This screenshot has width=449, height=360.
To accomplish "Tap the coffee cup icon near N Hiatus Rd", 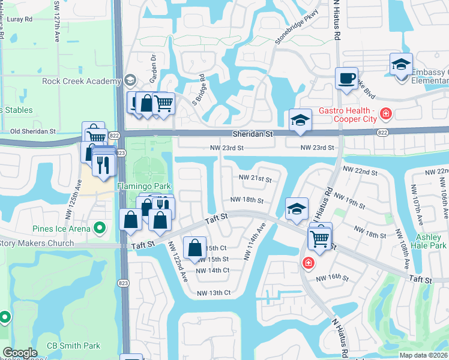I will pos(347,79).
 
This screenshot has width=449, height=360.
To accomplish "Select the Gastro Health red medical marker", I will pos(385,113).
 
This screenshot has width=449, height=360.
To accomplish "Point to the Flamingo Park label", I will pos(140,187).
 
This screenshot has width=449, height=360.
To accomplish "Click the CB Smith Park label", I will pos(75,346).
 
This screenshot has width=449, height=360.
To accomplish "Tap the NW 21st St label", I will pos(255,179).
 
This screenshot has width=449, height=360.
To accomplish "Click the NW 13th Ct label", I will pos(214,293).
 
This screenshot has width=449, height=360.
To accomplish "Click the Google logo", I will pos(20,353).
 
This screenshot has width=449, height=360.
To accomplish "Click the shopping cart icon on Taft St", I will pos(320,238).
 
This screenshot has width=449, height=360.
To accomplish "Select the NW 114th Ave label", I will pos(255,242).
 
